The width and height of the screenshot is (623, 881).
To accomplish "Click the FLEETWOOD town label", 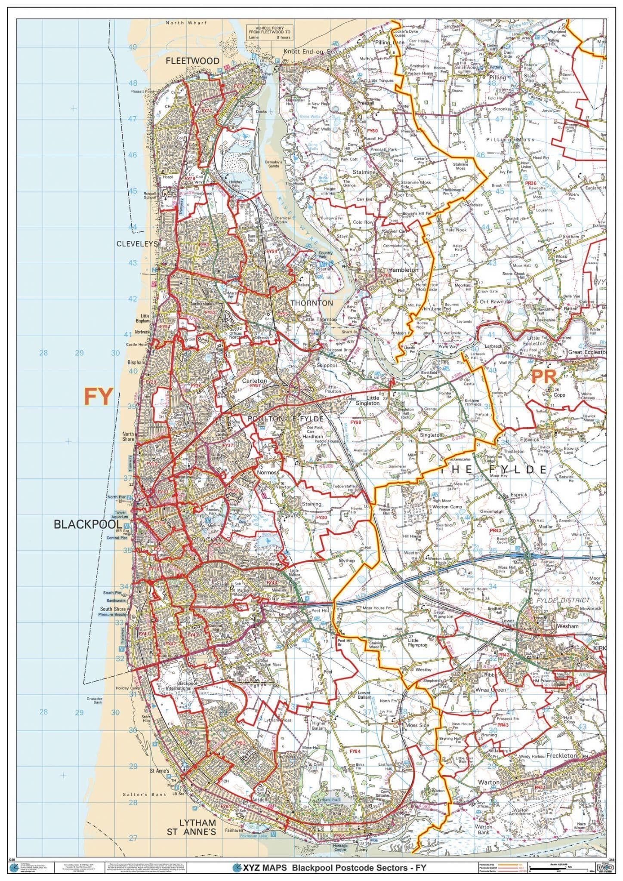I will coord(193,61).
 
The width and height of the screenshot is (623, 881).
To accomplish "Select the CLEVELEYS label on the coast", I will coord(137,243).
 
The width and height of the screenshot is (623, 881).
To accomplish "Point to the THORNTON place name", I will coord(311,303).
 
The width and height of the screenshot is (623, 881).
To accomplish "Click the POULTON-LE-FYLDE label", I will coord(285,419).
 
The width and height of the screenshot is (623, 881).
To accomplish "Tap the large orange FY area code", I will coord(98,396).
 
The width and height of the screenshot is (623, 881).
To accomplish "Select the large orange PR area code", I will coord(544,377).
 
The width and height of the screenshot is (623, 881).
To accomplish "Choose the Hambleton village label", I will coord(403,270).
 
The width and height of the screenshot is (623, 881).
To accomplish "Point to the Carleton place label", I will coord(254,381).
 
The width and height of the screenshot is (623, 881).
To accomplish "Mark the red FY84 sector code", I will coord(355,751).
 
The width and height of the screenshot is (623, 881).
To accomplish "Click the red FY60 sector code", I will coord(372,130).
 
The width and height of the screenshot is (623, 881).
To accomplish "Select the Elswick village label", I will coord(529,440).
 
